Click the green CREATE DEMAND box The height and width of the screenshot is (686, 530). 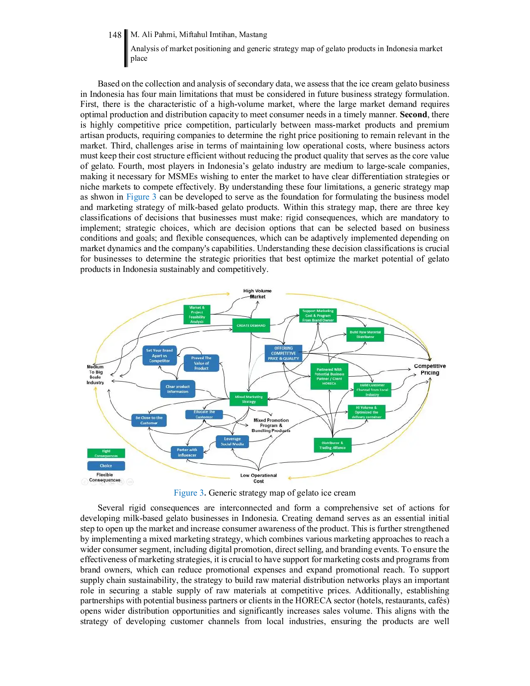[x=251, y=326]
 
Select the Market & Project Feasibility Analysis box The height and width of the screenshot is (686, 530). [x=197, y=314]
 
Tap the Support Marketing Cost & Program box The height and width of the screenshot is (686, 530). [x=318, y=316]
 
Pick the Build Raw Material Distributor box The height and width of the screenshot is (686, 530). [x=365, y=334]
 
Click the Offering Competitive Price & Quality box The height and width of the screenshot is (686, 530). [x=283, y=353]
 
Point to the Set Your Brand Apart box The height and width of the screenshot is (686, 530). [x=160, y=355]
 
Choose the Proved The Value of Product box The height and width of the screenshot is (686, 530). [x=201, y=363]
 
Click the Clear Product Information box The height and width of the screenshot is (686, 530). [x=177, y=389]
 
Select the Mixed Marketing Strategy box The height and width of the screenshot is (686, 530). [x=249, y=399]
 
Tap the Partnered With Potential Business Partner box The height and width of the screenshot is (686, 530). [x=329, y=376]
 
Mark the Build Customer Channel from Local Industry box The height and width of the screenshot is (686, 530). [x=372, y=390]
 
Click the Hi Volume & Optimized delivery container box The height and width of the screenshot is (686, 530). [x=366, y=412]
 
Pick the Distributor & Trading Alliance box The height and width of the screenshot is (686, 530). [x=333, y=445]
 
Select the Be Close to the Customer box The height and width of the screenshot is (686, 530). [x=149, y=420]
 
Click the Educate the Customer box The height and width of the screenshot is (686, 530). [x=204, y=415]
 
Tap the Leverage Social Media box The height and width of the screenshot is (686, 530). [x=232, y=442]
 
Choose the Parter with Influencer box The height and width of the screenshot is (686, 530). [x=187, y=452]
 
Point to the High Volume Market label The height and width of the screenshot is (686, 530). [x=257, y=294]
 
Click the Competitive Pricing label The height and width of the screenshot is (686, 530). [x=430, y=369]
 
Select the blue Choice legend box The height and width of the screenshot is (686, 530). [x=106, y=466]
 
